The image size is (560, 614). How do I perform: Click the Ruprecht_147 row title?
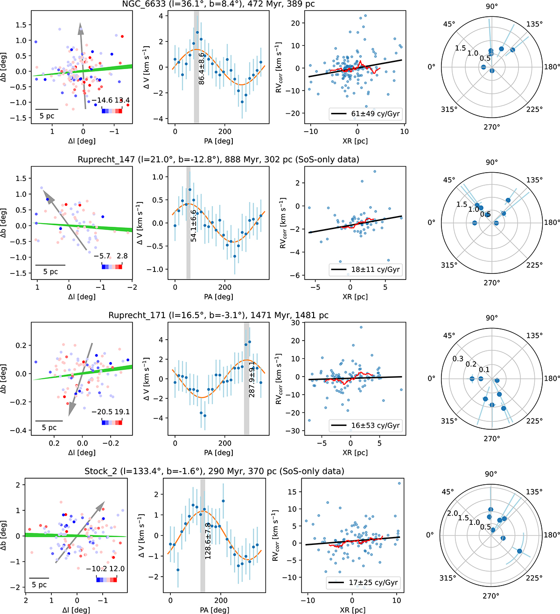click(x=218, y=160)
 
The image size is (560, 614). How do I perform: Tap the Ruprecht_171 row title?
click(x=218, y=315)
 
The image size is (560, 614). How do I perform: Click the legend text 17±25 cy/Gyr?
click(x=373, y=582)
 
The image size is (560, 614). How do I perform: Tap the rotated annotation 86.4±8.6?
click(x=202, y=69)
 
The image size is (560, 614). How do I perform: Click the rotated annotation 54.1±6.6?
click(x=194, y=225)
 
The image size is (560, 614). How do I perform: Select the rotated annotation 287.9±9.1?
click(x=252, y=379)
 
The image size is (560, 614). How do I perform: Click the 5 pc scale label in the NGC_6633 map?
click(x=47, y=116)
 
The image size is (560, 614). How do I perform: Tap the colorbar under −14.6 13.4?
click(x=112, y=111)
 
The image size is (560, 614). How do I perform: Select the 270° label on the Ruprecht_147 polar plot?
click(x=491, y=282)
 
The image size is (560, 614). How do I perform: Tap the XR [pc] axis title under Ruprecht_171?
click(x=355, y=452)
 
